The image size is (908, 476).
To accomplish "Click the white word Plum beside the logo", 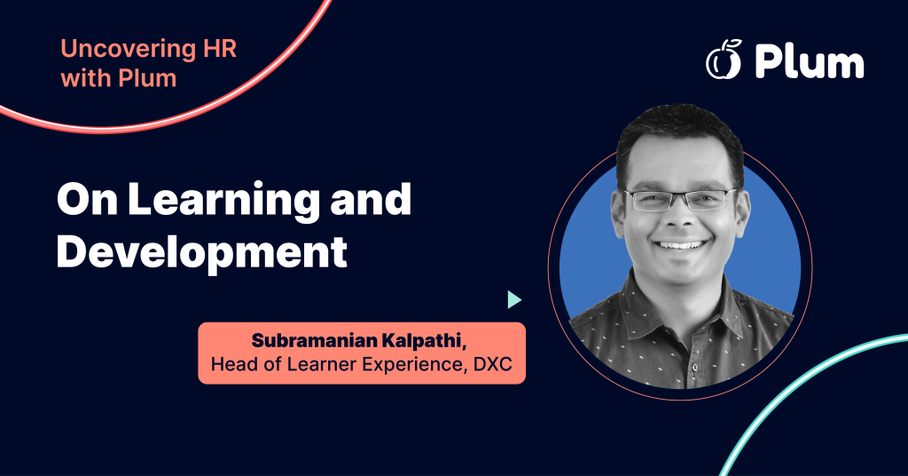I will point(809,62).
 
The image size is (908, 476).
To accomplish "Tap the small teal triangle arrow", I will point(513,299).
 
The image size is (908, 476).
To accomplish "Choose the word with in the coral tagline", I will point(82,78).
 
